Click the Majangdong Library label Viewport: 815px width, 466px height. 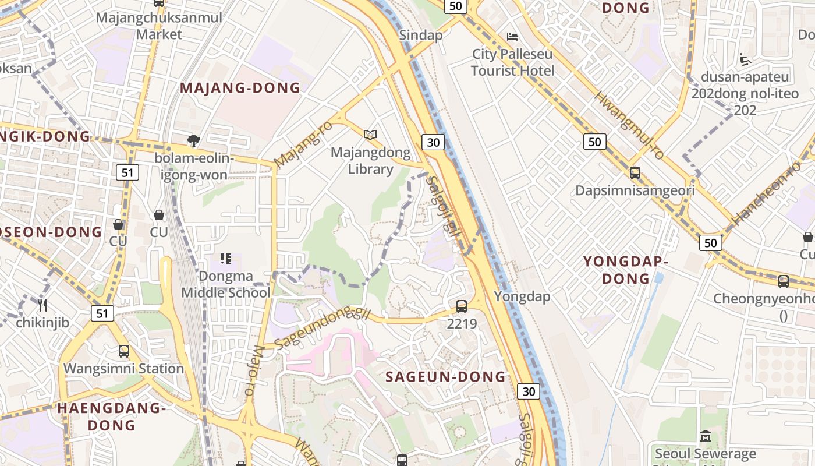[x=371, y=161]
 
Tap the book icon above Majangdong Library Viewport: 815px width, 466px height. [x=370, y=135]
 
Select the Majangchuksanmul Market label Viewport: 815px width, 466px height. [x=159, y=26]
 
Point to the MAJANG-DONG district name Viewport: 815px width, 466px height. [x=240, y=88]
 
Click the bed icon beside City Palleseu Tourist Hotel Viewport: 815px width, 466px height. [x=512, y=36]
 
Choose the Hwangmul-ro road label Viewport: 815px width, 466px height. [x=629, y=125]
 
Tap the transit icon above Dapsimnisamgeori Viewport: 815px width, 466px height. [x=635, y=173]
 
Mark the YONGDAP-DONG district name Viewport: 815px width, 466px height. [x=626, y=270]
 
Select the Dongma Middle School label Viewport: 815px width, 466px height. [x=226, y=284]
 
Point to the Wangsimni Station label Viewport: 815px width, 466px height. [x=124, y=369]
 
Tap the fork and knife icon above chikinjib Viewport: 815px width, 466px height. [x=42, y=305]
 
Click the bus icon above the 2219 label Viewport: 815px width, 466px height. [x=462, y=306]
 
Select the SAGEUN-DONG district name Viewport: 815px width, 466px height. [x=446, y=377]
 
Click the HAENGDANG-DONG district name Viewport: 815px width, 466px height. [x=112, y=416]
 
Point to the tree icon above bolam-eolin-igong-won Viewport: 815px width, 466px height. [x=194, y=140]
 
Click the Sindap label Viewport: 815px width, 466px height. [x=421, y=35]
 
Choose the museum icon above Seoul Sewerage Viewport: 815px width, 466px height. [x=706, y=436]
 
